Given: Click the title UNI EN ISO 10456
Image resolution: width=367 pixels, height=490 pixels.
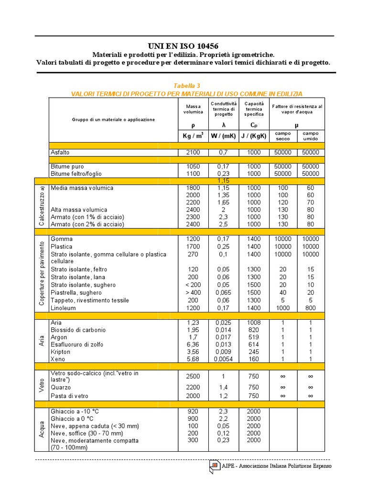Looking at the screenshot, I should point(183,46).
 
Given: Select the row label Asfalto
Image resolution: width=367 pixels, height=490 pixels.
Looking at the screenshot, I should point(60,153).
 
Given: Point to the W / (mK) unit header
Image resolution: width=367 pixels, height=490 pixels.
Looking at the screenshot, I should point(223,135).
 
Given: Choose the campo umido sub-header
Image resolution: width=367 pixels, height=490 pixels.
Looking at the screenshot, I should point(310,135).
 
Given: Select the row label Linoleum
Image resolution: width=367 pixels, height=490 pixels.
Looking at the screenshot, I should point(64,308).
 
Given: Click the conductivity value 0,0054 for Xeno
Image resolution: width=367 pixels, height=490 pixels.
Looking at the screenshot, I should point(223,359).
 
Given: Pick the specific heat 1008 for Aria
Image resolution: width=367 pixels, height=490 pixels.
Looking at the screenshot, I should point(254,323).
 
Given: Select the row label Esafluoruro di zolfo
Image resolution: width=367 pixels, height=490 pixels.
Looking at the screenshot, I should point(77,345).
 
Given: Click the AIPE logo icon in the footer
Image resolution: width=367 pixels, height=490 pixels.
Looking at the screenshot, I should point(214,466).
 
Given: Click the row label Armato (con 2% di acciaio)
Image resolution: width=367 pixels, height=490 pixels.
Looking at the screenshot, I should point(87,224).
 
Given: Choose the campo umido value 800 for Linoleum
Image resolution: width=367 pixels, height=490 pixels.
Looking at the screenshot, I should point(310,308).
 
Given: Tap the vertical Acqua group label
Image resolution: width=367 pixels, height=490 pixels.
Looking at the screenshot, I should point(42,428).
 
